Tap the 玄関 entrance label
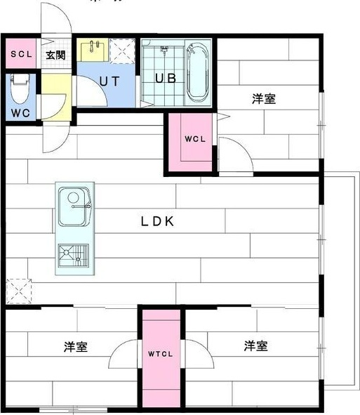(56, 54)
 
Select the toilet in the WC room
(19, 88)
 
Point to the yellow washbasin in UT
(93, 51)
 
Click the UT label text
(109, 81)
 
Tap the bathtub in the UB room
(198, 72)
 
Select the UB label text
(166, 78)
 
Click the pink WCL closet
(189, 140)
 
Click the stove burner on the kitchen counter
(74, 256)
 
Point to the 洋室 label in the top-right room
(264, 99)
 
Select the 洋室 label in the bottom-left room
(75, 346)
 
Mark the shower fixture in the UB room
(166, 52)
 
